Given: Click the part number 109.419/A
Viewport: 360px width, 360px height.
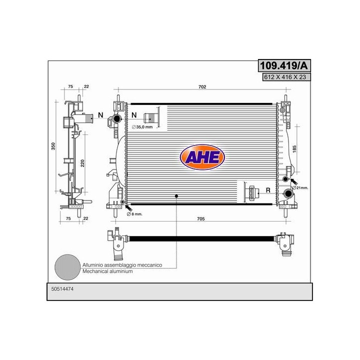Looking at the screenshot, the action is [x=284, y=65].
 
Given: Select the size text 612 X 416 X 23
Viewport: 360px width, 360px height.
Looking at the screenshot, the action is [x=285, y=77].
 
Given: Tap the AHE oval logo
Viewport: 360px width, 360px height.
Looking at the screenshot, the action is [x=202, y=157].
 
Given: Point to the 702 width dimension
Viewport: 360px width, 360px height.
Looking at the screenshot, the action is [x=202, y=87].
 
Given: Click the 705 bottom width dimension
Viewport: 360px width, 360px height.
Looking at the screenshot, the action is [x=200, y=218].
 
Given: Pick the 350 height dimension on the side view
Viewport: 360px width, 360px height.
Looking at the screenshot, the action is [x=53, y=146].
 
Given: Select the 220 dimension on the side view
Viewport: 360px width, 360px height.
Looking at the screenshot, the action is [x=82, y=163].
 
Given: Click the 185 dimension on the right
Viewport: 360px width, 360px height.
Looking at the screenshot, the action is [x=294, y=149].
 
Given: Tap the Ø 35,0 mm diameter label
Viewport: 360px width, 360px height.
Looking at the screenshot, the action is [x=142, y=127].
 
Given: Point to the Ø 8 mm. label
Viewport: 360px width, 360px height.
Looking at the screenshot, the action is [x=134, y=214].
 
